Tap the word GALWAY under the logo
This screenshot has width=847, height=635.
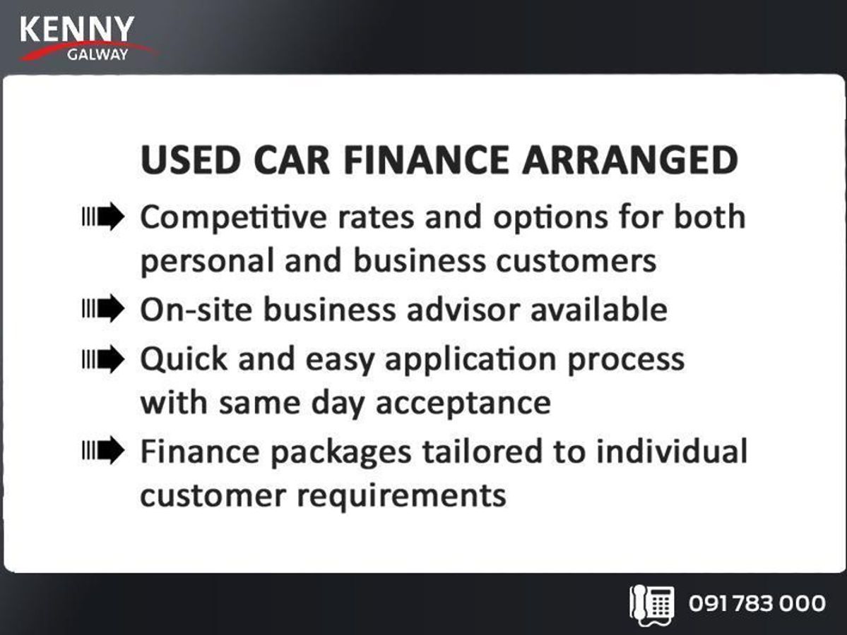97,54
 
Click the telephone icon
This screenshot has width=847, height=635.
651,605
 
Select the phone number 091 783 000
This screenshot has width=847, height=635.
757,603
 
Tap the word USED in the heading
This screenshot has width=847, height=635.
190,160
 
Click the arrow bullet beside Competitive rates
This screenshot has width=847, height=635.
103,217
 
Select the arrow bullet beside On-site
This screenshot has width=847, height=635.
103,308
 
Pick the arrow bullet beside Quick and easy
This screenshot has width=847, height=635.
103,358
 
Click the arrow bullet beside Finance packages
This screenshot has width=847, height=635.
103,450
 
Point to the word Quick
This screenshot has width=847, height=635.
184,358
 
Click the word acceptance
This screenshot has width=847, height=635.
463,404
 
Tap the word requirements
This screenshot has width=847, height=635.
401,496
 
